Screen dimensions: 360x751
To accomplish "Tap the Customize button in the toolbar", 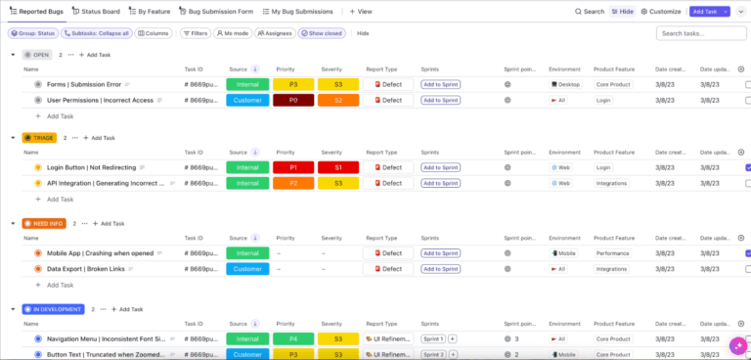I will (x=660, y=12).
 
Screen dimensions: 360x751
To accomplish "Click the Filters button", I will (x=196, y=33).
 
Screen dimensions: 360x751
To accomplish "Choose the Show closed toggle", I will (x=322, y=33).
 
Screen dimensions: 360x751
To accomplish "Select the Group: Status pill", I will (x=31, y=33).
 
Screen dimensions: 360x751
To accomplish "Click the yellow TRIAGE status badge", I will (x=38, y=138).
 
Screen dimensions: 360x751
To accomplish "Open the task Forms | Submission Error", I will (x=84, y=84).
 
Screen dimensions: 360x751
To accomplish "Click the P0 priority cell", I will (x=292, y=100).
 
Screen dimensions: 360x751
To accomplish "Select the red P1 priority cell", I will (x=292, y=167).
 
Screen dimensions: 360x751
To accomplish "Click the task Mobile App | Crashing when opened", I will (x=100, y=252).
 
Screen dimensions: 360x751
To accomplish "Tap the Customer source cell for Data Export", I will (x=246, y=268).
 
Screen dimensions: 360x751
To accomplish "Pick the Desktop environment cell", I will (x=565, y=84).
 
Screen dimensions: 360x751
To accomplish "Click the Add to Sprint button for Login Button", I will (x=440, y=167).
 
